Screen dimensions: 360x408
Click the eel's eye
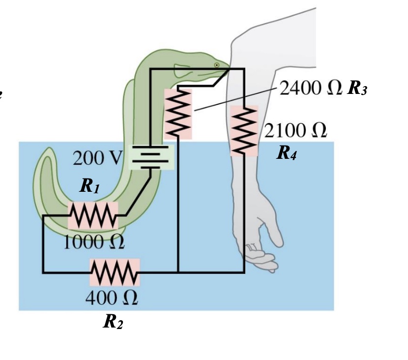(x=217, y=65)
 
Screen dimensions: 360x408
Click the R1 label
(x=90, y=186)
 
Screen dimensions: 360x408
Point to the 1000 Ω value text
(x=93, y=241)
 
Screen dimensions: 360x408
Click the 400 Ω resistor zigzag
(x=115, y=272)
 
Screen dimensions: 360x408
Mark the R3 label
(x=357, y=89)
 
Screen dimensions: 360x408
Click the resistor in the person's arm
(x=244, y=130)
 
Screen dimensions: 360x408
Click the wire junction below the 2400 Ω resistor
(x=178, y=272)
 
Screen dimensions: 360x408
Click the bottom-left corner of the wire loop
(x=43, y=272)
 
